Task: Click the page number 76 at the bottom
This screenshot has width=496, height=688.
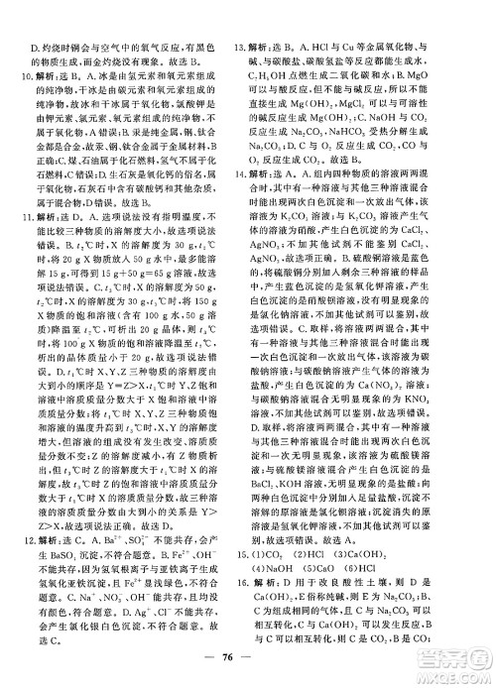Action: point(246,663)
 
